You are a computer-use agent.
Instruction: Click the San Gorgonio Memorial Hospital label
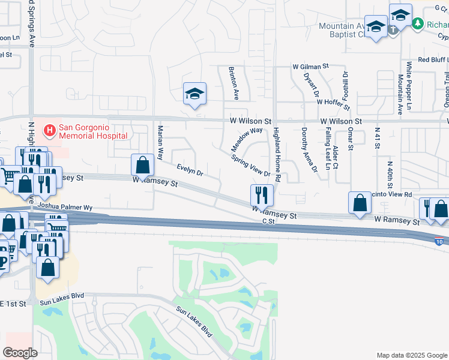pos(93,131)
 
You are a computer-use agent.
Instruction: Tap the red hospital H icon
pos(49,129)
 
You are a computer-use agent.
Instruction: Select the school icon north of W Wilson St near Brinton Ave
pos(194,94)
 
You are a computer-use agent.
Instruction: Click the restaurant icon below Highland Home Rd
pos(262,195)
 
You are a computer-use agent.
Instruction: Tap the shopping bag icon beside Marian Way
pos(142,165)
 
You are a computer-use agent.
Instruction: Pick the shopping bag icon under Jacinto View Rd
pos(360,203)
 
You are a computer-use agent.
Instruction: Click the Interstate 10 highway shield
pos(439,241)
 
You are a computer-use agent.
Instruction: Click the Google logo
pos(20,353)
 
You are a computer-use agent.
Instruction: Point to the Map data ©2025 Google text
pos(411,355)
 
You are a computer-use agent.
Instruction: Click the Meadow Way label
pos(247,139)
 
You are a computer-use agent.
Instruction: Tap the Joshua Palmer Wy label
pos(65,207)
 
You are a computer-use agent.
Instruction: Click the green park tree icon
pos(419,24)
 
